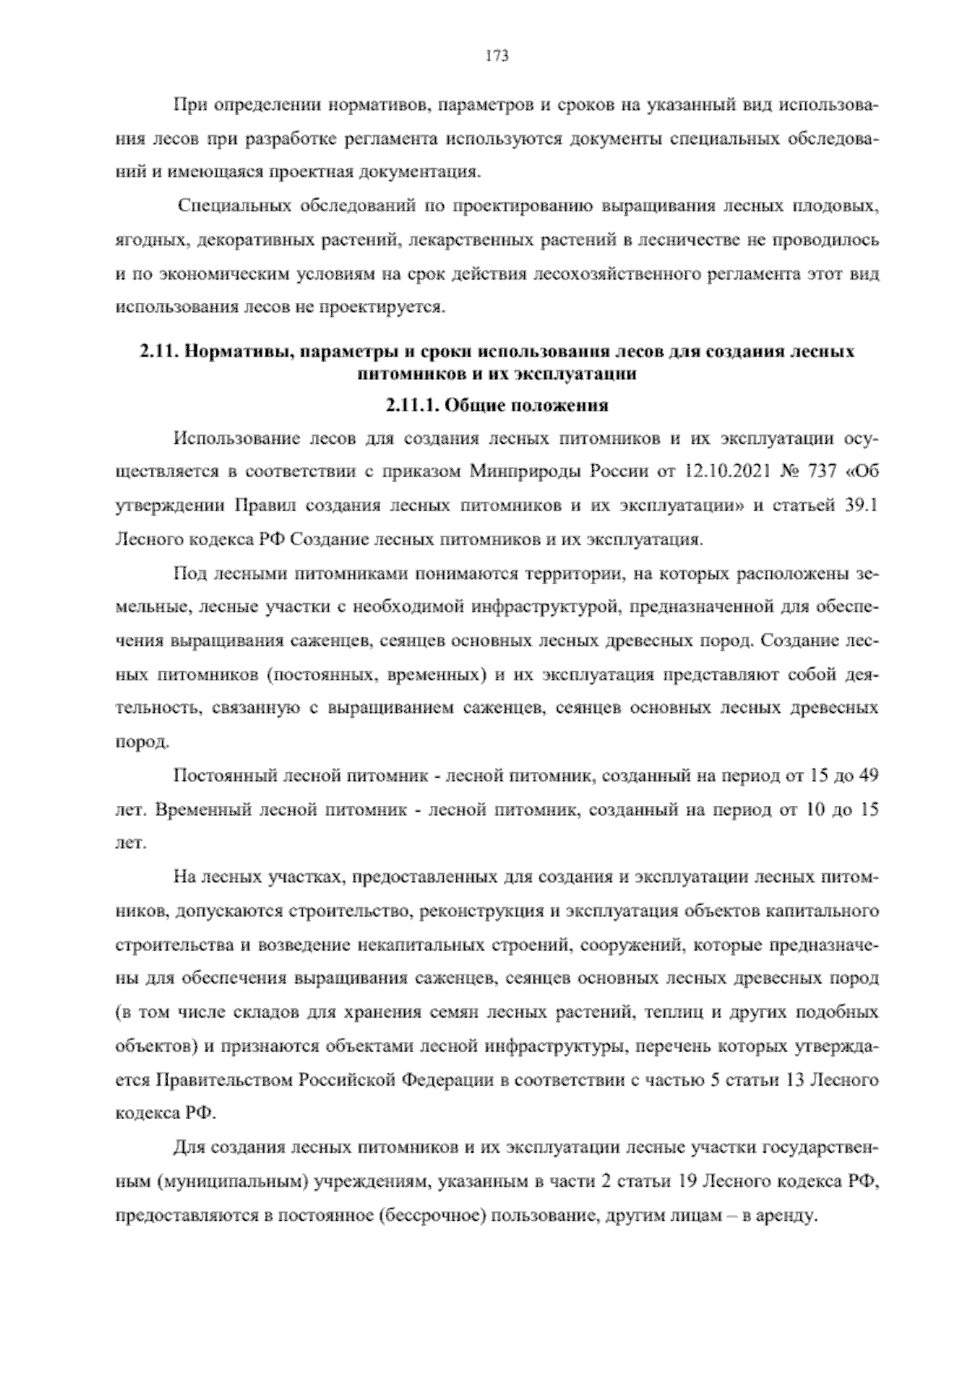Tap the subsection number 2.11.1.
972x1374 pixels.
412,404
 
